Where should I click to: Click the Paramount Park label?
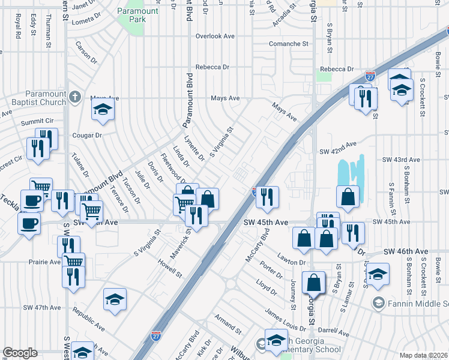138,15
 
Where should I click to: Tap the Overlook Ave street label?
215,36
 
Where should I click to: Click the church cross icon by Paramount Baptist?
74,97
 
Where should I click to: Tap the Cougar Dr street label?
88,135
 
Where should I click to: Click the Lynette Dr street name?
194,148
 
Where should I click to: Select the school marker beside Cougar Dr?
103,110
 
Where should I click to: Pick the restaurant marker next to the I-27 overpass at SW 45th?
267,196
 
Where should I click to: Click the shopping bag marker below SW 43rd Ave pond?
348,196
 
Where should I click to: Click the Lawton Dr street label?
291,262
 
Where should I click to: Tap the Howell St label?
170,268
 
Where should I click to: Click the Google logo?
20,353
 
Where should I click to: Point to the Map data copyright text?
424,355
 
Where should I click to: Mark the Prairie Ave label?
44,262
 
